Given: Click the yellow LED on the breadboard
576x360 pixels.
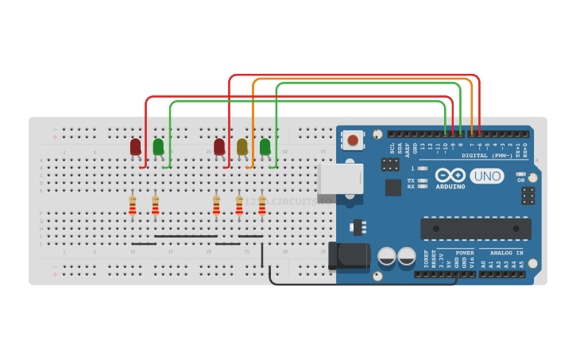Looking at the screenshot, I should point(242,147).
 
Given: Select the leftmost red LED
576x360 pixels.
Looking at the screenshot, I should point(136,147).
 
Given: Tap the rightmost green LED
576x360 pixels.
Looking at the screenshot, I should point(265,147).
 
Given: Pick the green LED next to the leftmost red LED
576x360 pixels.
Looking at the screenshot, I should point(158,147).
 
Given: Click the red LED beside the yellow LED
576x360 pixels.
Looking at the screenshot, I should point(219,147).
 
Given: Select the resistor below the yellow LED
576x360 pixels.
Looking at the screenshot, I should point(239,206).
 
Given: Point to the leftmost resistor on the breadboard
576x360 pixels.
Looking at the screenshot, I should point(133,206).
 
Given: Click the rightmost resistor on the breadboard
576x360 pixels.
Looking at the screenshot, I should point(261,206).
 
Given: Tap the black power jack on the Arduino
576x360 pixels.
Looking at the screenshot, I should point(349,256).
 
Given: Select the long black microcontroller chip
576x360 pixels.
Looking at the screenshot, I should point(475,229).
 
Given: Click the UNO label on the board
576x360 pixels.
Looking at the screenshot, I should point(486,176).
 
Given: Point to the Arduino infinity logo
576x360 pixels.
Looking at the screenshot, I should point(450,175).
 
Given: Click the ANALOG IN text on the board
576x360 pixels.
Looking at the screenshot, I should point(506,253).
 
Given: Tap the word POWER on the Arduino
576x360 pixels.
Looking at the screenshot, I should point(465,253).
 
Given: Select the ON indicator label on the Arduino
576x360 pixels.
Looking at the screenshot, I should point(521,180).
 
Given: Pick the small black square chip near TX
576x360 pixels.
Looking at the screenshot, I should point(393,188).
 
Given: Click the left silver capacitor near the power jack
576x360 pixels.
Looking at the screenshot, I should point(387,256).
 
